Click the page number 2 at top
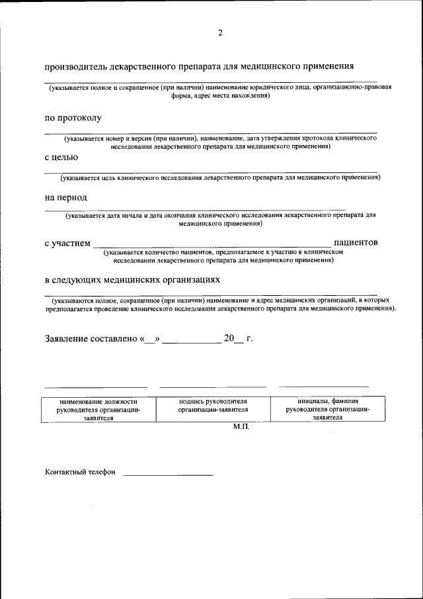[220, 33]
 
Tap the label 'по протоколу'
[73, 118]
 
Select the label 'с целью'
[61, 158]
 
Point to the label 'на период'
[66, 197]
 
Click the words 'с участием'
[67, 243]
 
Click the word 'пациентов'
[356, 242]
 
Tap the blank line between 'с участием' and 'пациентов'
[211, 246]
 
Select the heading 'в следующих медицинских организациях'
[132, 280]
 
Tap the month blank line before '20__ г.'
[192, 341]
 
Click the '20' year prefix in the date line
[229, 338]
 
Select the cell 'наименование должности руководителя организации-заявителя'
[98, 409]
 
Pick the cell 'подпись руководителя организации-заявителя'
[213, 405]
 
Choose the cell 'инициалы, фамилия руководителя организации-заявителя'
[327, 409]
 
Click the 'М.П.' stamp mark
[241, 428]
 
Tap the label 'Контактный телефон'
[80, 472]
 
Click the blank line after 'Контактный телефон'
[168, 475]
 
